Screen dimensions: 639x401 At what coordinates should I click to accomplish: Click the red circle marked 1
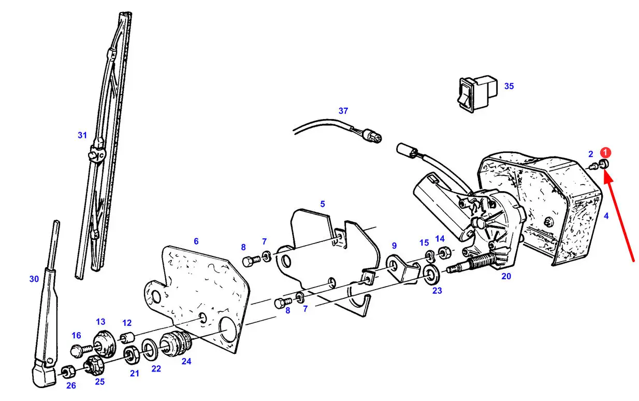605,152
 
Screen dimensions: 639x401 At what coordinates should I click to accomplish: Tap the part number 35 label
509,86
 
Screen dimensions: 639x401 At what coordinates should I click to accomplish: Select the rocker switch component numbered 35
477,93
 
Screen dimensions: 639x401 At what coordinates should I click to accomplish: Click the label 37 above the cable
343,111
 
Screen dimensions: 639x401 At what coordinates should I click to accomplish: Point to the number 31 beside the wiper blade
82,135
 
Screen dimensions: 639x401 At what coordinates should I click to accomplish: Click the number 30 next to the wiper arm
34,279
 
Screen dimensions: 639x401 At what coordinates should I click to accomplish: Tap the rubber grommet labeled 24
176,343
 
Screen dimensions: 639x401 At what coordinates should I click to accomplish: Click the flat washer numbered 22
149,350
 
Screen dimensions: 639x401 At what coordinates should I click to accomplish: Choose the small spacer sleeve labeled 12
127,337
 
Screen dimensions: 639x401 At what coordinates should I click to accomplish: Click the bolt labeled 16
81,350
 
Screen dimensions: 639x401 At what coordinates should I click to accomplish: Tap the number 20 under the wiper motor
506,276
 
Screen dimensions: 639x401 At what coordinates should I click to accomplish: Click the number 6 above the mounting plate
196,241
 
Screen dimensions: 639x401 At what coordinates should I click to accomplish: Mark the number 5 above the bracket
323,204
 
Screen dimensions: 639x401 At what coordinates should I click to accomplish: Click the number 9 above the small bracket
394,246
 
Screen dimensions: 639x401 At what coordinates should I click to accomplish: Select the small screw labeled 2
593,166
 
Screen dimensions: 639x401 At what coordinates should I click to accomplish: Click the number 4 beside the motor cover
606,216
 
